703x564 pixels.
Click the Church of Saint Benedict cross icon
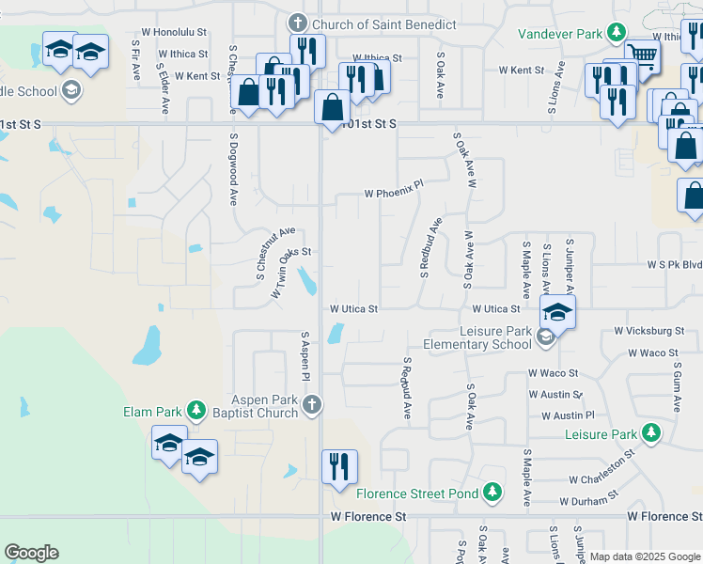click(297, 23)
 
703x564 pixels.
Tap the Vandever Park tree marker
click(617, 34)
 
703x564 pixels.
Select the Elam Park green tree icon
click(195, 411)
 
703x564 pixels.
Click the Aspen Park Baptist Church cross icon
click(313, 405)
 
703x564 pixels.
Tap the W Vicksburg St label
click(649, 331)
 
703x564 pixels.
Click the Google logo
click(31, 553)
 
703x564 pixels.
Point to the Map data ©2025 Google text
click(645, 556)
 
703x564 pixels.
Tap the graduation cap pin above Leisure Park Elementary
click(556, 314)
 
